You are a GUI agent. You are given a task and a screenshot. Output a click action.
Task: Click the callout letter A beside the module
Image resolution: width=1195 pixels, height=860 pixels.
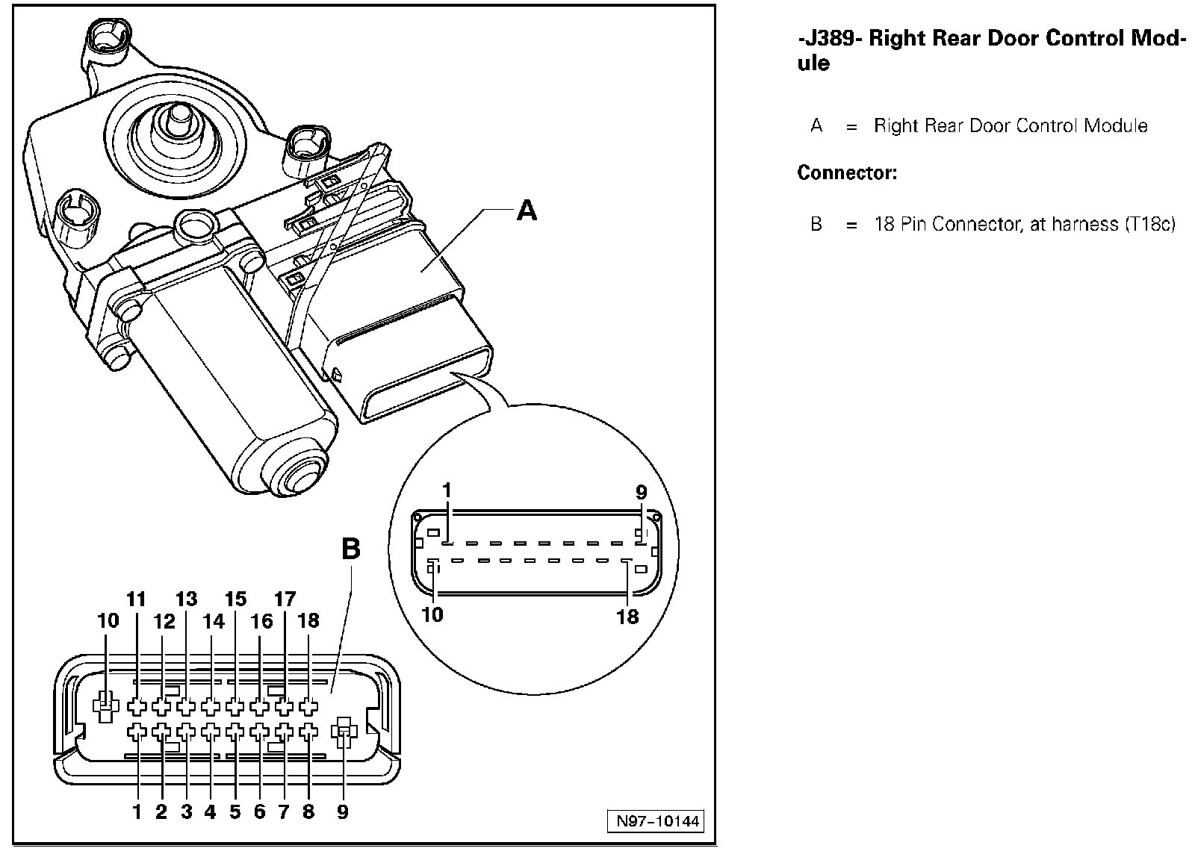[527, 211]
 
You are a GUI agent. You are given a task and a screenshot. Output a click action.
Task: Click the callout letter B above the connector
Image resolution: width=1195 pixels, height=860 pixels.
[350, 549]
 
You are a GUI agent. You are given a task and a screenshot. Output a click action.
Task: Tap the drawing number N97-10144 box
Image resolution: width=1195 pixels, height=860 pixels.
[657, 822]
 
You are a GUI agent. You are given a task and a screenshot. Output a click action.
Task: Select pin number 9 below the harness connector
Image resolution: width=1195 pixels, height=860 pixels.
[342, 811]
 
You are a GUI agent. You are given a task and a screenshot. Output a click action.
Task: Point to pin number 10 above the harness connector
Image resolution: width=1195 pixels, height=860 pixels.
[108, 620]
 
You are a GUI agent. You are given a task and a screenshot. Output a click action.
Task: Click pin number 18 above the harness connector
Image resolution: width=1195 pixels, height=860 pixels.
[308, 620]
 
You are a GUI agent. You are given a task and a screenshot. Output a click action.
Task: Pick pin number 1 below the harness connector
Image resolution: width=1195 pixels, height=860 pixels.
[137, 811]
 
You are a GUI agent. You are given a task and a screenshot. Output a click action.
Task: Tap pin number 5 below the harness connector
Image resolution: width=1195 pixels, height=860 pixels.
[235, 811]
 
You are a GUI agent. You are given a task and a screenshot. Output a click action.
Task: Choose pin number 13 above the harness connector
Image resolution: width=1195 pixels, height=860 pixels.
[186, 599]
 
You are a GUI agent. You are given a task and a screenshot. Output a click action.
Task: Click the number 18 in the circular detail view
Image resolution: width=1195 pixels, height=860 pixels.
[627, 616]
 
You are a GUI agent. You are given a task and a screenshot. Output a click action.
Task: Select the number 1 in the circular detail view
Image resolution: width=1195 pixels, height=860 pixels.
[447, 490]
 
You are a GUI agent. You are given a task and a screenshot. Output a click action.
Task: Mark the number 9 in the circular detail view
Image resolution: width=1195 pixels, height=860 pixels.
[641, 493]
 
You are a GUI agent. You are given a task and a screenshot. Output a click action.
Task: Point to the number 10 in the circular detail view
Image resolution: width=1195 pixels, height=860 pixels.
[432, 614]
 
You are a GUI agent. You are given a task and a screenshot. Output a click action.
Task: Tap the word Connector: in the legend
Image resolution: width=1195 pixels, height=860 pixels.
[847, 173]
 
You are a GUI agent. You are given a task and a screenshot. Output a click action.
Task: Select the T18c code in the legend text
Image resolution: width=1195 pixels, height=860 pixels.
[1151, 224]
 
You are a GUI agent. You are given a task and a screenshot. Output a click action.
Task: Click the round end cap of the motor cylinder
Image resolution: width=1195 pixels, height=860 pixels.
[297, 476]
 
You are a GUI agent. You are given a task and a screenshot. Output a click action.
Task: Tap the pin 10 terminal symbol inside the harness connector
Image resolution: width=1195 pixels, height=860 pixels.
[106, 704]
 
